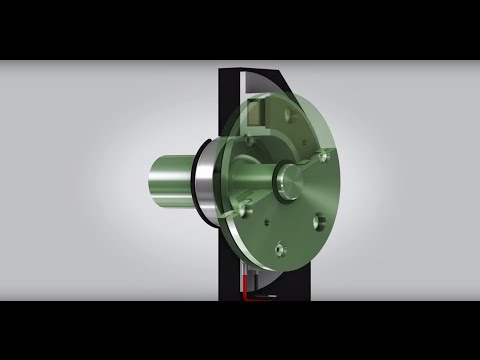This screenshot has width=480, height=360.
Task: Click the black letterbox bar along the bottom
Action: [x=240, y=330]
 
